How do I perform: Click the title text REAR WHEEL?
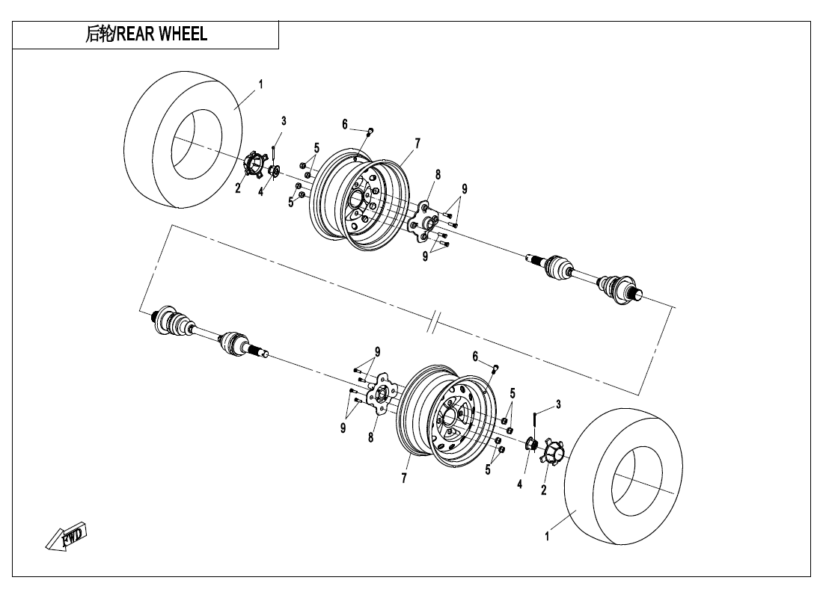[x=146, y=34]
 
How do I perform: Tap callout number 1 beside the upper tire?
[x=260, y=84]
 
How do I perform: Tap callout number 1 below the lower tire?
[x=547, y=536]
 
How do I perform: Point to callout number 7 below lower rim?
[x=404, y=479]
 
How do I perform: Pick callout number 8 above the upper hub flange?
[x=438, y=174]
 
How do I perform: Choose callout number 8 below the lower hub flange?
[x=371, y=438]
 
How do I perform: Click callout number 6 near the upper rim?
[x=345, y=123]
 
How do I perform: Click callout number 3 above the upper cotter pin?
[x=284, y=120]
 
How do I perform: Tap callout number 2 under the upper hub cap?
[x=238, y=188]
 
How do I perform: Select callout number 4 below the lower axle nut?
[x=519, y=484]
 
